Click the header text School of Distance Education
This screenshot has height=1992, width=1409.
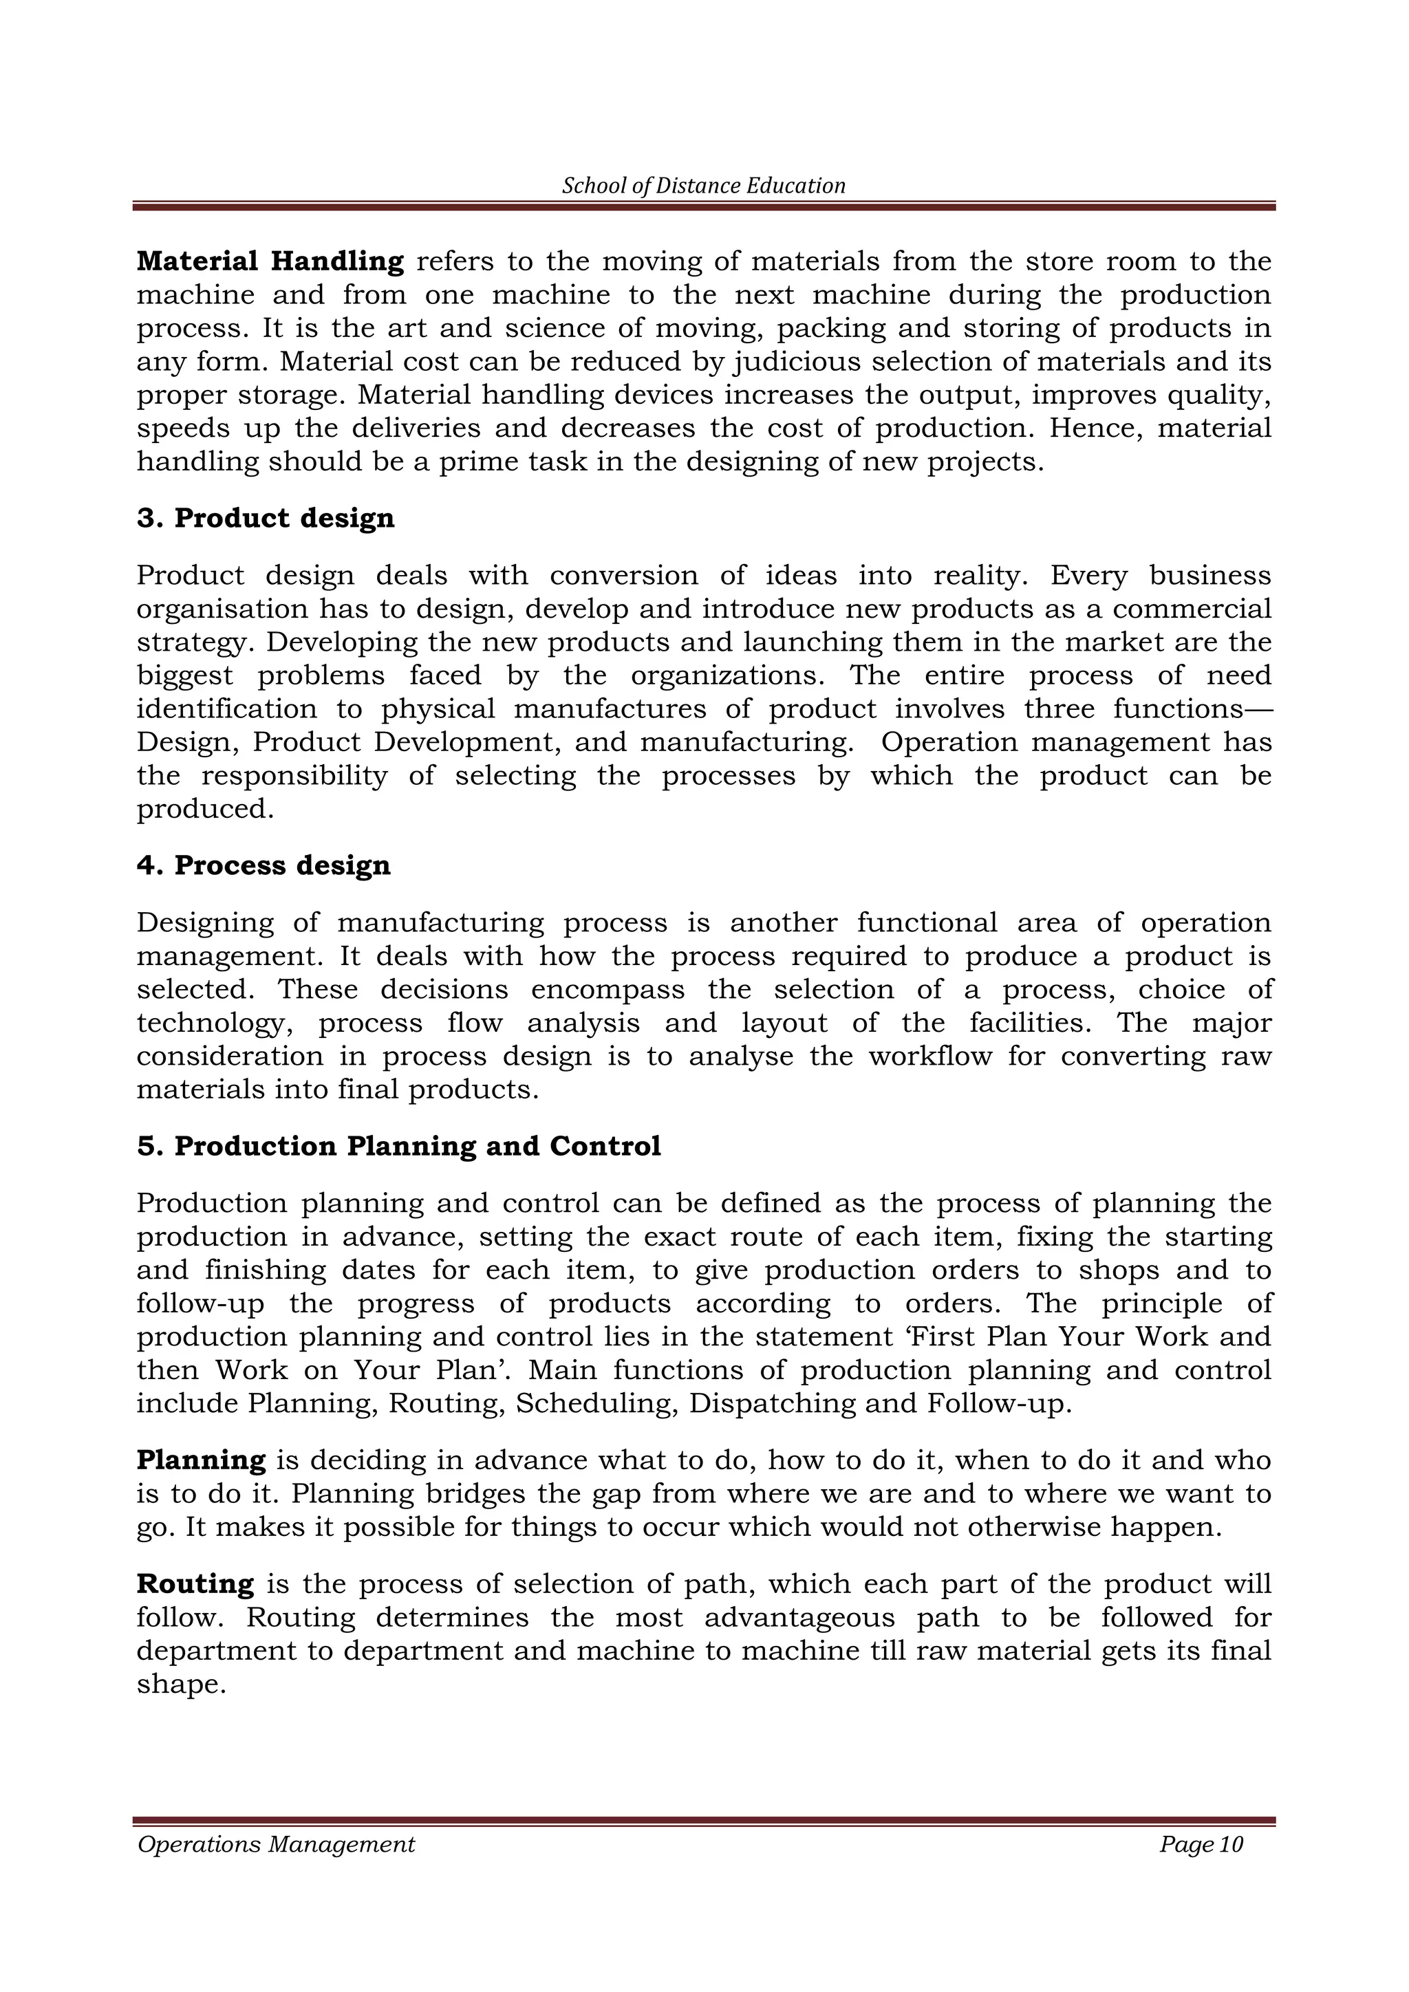704,186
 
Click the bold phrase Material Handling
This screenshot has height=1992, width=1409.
270,261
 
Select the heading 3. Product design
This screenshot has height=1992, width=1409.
266,518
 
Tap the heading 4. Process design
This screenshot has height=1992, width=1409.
263,865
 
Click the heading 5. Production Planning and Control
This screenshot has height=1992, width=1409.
399,1146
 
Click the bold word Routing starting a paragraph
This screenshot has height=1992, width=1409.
195,1584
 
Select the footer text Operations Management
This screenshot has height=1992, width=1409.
276,1868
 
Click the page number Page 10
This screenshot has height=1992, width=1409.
1201,1868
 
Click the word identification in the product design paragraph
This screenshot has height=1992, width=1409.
226,709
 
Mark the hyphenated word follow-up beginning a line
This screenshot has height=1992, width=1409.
200,1303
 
